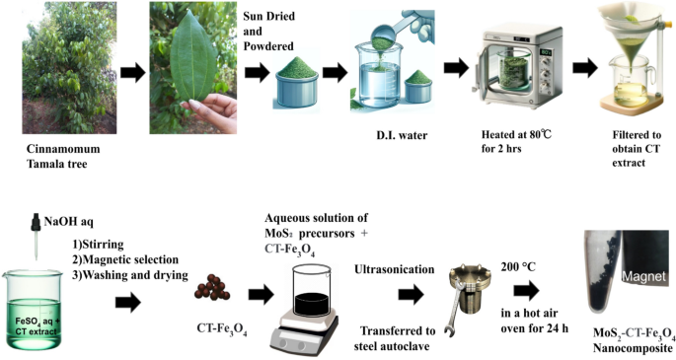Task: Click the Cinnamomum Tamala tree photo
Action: (x=69, y=68)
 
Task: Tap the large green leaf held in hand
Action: (x=192, y=62)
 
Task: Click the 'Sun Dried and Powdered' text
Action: (x=269, y=31)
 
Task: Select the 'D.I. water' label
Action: (x=402, y=135)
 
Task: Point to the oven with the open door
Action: (x=517, y=70)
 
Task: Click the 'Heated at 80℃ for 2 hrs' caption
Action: (x=516, y=142)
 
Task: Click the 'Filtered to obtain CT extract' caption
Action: (x=637, y=149)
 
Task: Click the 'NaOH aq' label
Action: (x=68, y=222)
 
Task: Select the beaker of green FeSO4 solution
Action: (x=32, y=310)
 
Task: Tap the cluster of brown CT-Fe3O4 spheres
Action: (x=212, y=287)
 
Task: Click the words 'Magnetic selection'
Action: (x=130, y=259)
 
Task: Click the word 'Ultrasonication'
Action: (x=394, y=269)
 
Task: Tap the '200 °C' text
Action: (x=518, y=267)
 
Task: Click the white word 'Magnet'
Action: (x=643, y=276)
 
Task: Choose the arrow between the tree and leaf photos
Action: (x=133, y=73)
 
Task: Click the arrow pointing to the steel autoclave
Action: (x=411, y=295)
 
